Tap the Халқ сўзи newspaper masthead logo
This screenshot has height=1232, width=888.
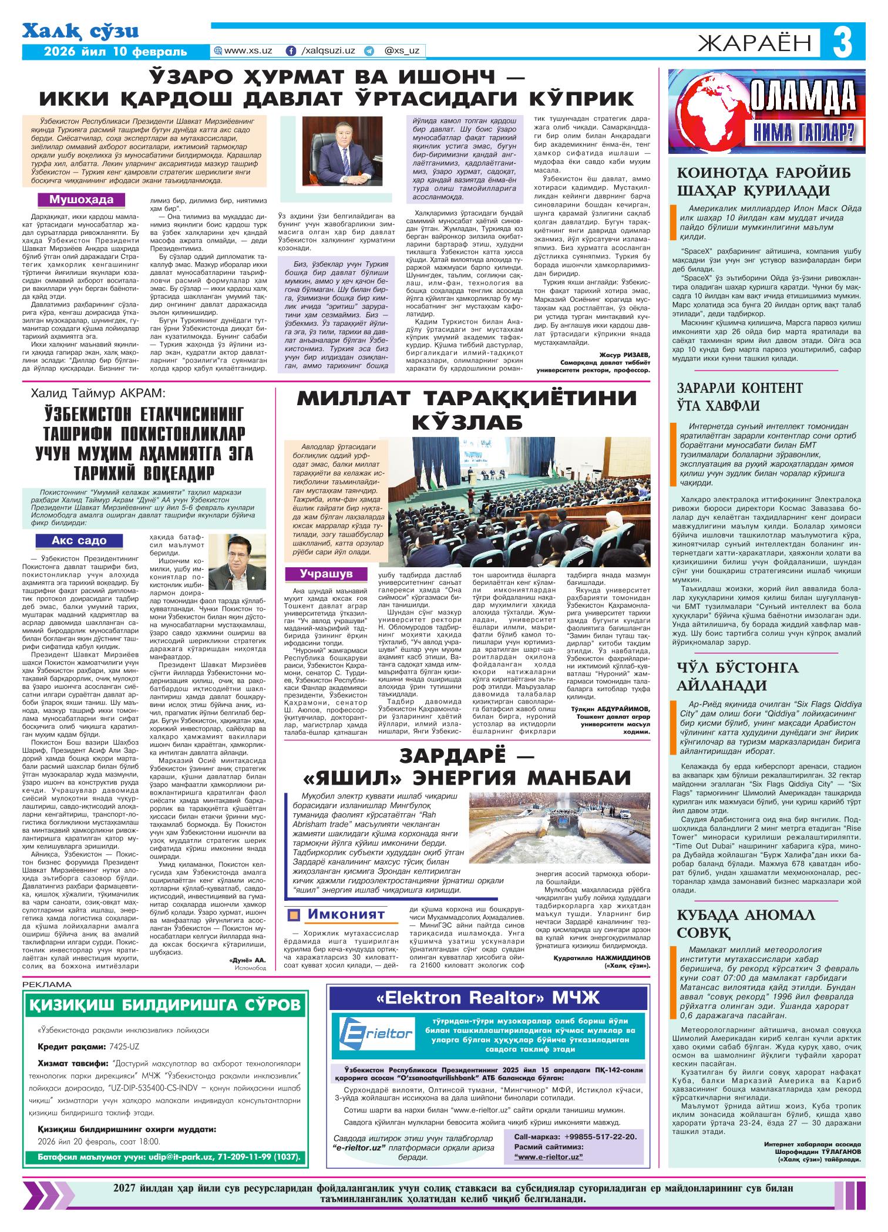pos(80,31)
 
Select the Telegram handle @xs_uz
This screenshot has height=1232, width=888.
pos(401,51)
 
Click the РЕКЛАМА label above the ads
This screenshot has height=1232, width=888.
pos(46,984)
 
